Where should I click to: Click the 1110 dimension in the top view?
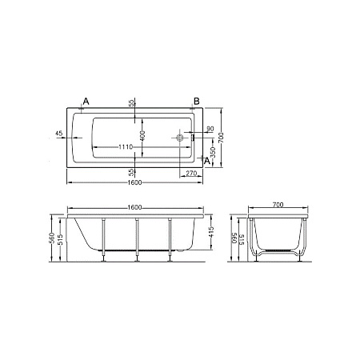click(126, 147)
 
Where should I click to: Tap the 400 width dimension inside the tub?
click(142, 136)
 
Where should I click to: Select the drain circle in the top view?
click(179, 138)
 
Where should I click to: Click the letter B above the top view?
click(197, 102)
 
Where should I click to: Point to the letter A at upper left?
click(86, 102)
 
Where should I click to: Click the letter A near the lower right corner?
click(207, 161)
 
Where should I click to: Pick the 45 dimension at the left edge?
click(59, 134)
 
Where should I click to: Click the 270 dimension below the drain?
click(191, 174)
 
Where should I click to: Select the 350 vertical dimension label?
click(213, 153)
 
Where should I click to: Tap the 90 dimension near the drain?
click(210, 129)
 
